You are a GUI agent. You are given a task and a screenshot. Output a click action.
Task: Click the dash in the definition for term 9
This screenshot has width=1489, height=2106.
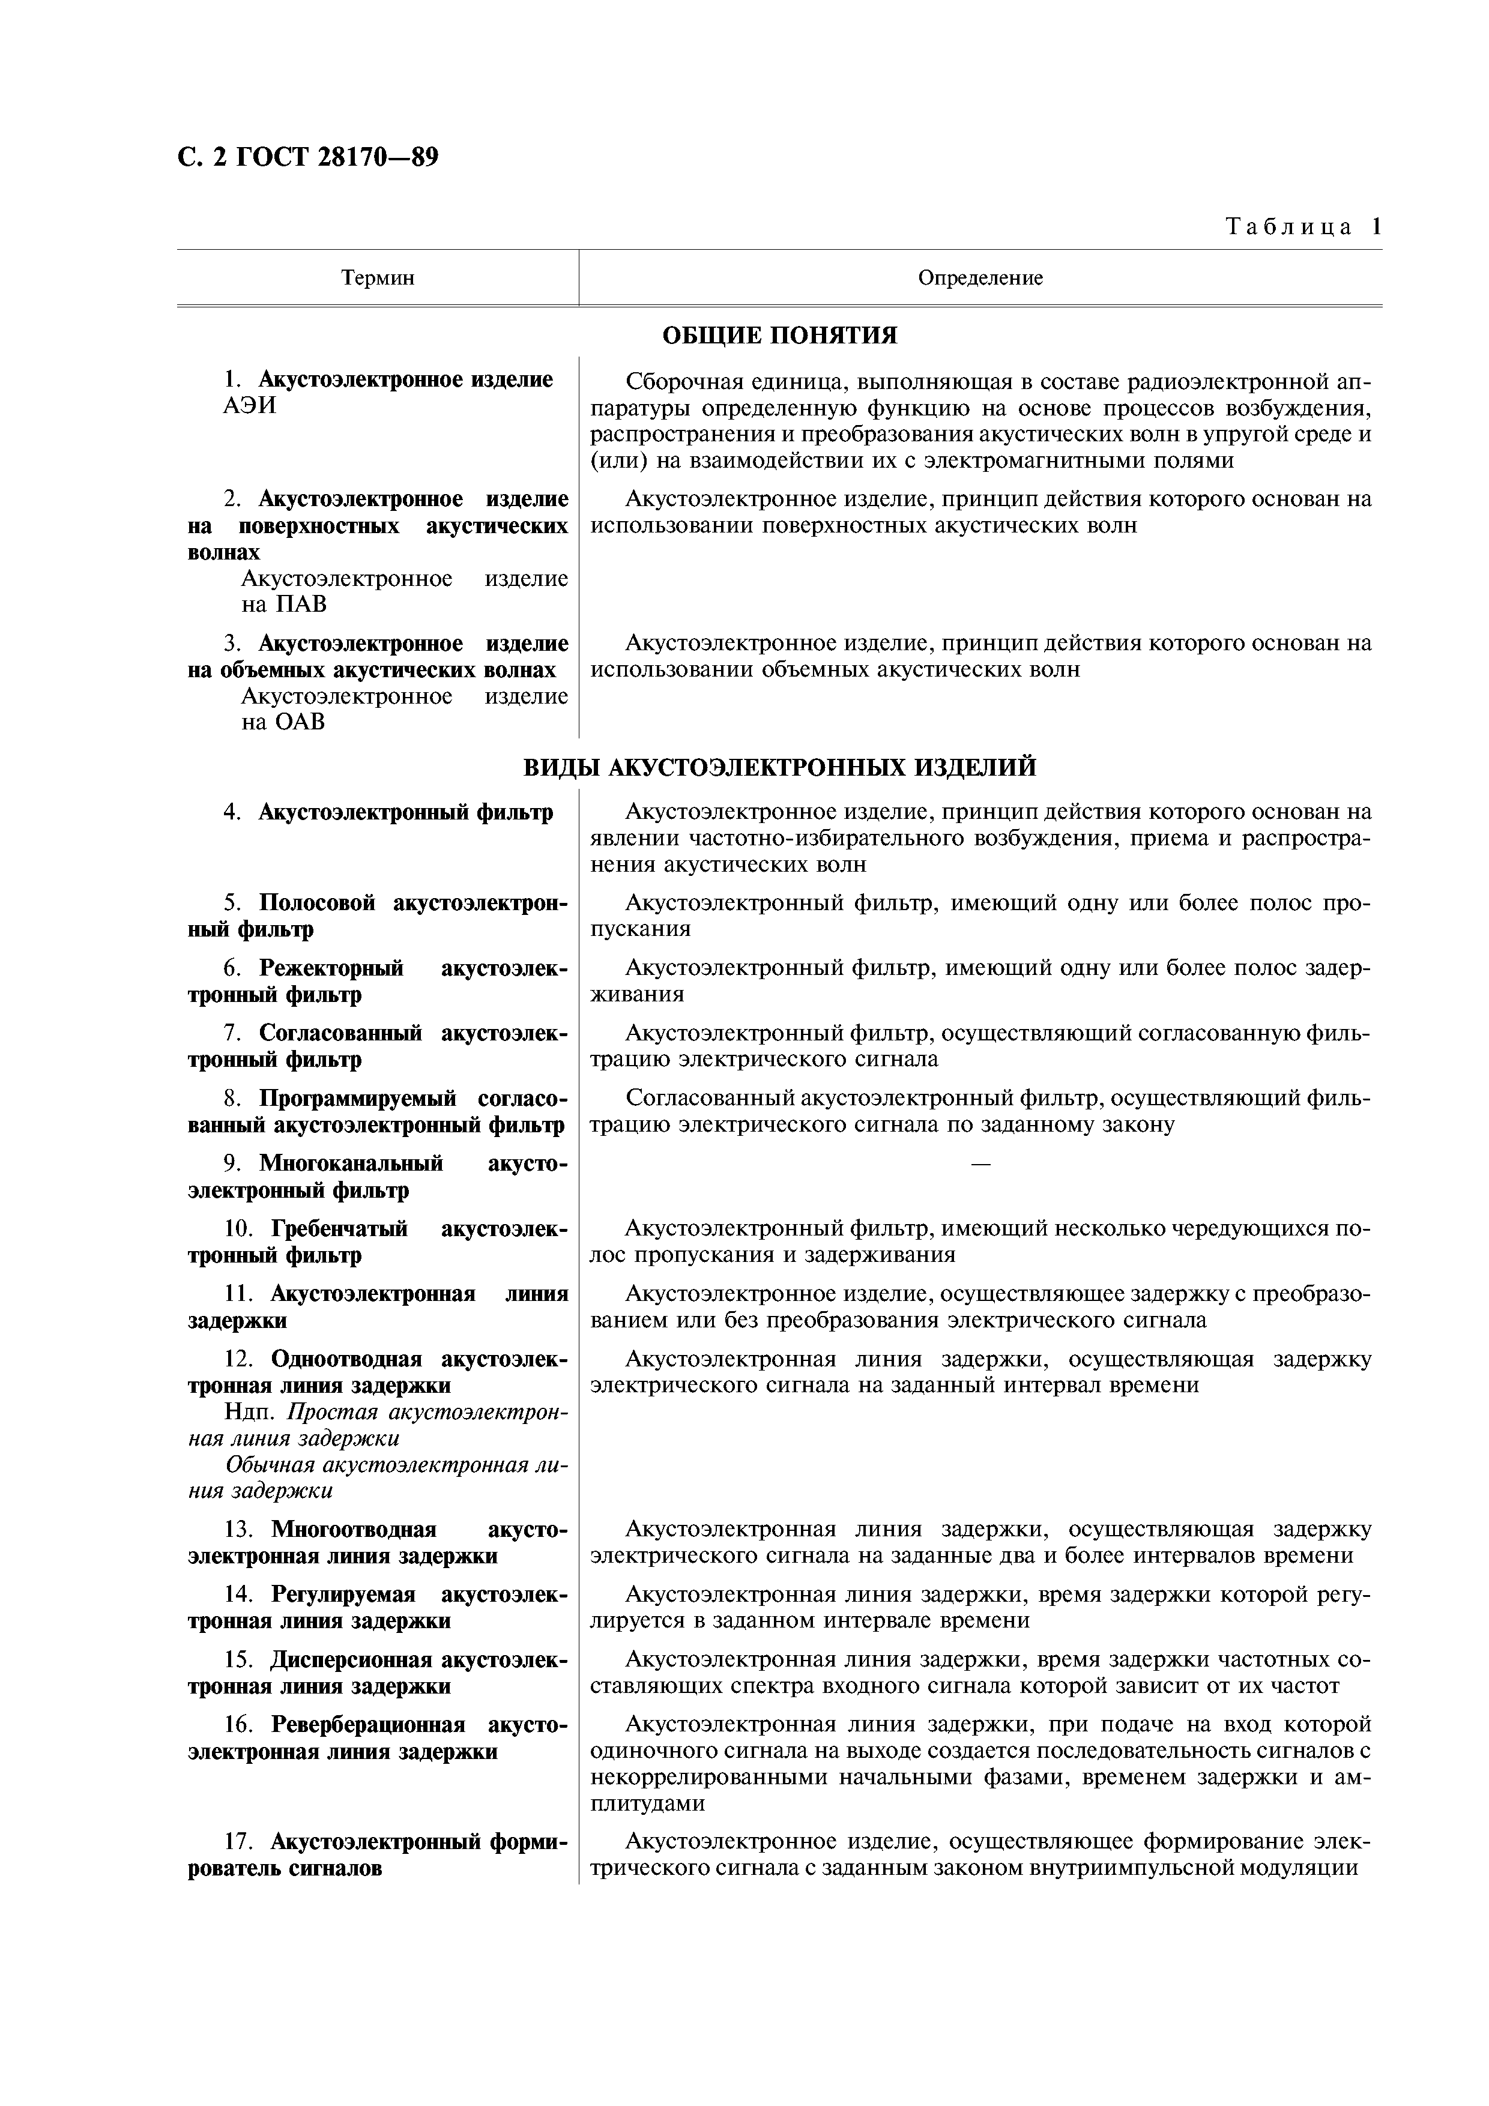pos(980,1164)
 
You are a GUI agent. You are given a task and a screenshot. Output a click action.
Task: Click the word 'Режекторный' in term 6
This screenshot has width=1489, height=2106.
pos(331,968)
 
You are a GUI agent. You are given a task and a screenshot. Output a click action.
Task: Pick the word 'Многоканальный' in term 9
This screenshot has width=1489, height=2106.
pos(351,1164)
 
